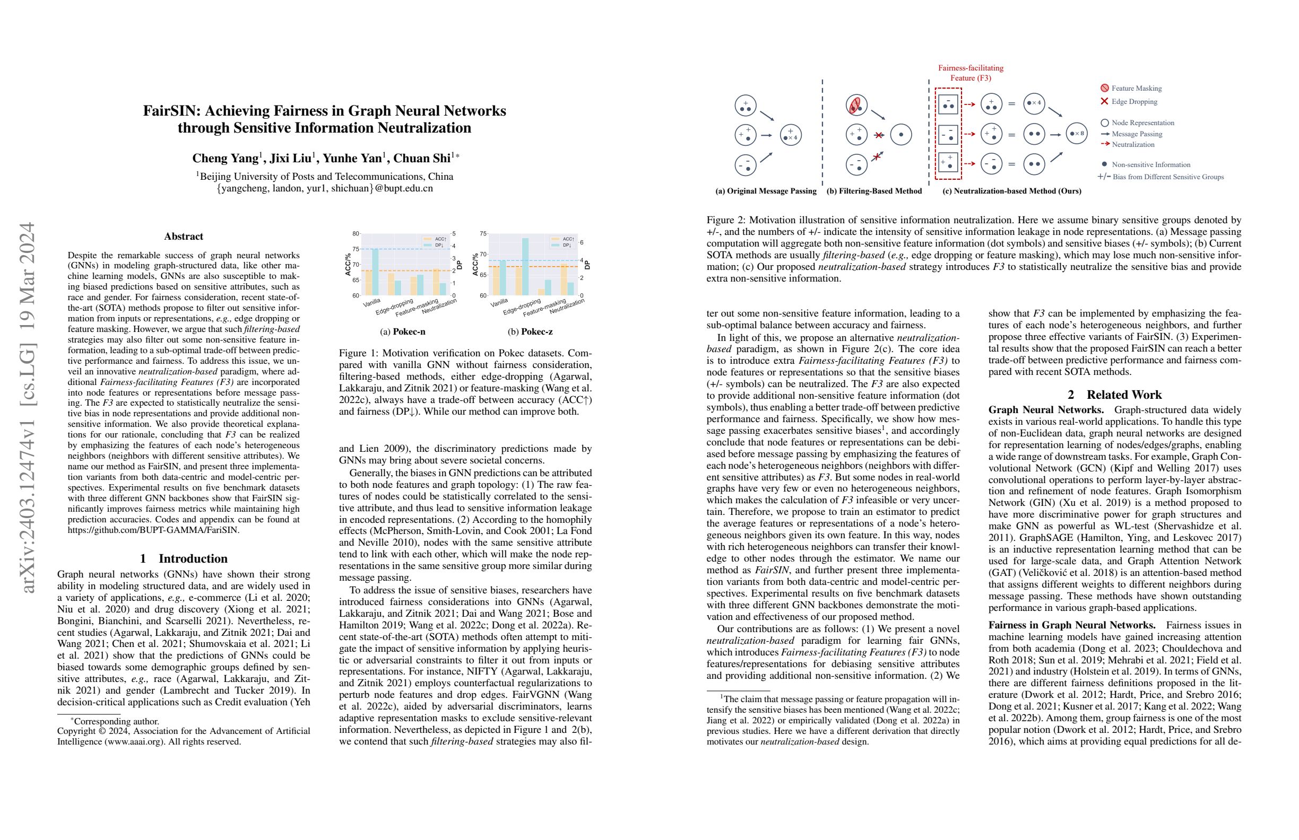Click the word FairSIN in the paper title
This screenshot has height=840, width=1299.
[168, 111]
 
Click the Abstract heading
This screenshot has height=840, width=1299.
[184, 236]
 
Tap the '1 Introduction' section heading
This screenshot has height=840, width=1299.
[184, 558]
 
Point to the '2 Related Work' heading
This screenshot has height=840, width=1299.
[1114, 395]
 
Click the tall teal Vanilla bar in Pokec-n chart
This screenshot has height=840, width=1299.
[376, 272]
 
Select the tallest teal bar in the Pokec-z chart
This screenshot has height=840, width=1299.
[525, 267]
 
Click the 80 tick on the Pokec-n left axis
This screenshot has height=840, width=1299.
[356, 234]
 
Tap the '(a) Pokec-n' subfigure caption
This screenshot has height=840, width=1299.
[402, 331]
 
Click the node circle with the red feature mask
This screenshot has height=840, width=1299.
[856, 104]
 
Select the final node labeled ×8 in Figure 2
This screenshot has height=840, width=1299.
[1076, 134]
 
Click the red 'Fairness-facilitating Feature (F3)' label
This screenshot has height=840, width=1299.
[971, 73]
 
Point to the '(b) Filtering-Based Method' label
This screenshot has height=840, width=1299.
[874, 191]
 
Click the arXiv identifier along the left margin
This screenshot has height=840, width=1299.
[27, 406]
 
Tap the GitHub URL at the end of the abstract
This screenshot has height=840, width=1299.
[153, 530]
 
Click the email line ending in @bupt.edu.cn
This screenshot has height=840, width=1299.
[325, 189]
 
